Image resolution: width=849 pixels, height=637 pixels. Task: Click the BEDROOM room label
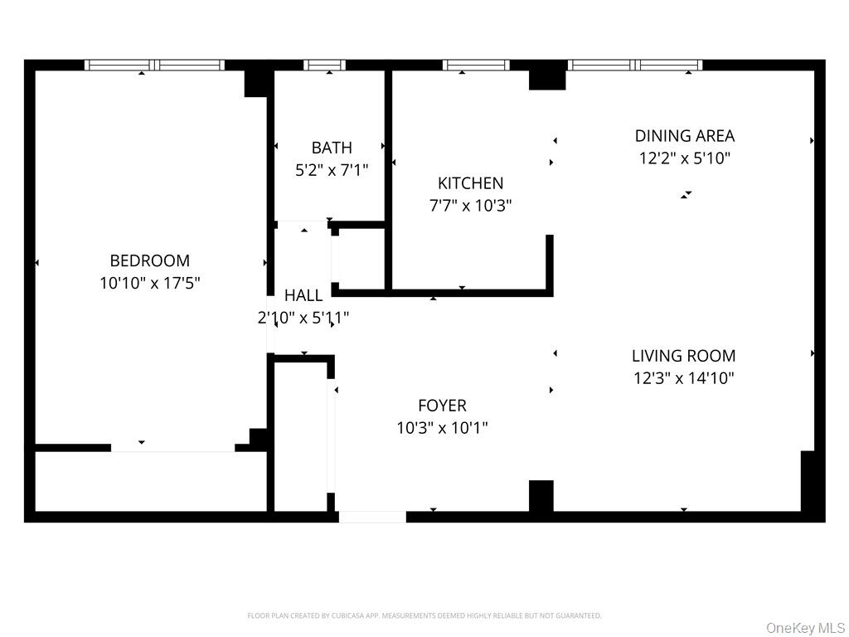tap(150, 260)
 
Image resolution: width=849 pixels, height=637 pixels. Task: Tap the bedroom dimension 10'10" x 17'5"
tap(150, 283)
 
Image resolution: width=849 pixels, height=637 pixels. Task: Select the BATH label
tap(332, 148)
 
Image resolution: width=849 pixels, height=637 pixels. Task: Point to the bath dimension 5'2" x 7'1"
tap(332, 170)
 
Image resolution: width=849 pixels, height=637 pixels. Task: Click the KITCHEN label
tap(470, 183)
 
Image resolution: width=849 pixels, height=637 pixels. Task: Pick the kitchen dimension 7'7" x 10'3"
tap(470, 206)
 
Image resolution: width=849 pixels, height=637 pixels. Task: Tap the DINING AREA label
tap(685, 136)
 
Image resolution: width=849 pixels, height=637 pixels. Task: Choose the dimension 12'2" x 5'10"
tap(685, 158)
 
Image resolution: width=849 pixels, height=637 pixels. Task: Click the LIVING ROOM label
tap(684, 356)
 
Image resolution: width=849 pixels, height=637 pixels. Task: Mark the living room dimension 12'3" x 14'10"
tap(684, 378)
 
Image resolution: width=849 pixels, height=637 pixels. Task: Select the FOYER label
tap(442, 406)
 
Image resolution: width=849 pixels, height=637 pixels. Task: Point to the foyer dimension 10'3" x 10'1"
tap(442, 428)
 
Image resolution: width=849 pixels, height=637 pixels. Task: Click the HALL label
tap(303, 295)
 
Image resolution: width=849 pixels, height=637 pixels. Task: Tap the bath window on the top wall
tap(325, 65)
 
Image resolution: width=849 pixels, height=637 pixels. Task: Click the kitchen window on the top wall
tap(476, 65)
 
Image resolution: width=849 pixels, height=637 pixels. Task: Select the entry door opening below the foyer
tap(372, 517)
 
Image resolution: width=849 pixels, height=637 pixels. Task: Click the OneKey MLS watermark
tap(805, 627)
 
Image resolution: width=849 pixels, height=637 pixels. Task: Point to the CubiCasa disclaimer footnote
tap(424, 615)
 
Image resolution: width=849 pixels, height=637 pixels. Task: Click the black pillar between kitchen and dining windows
tap(547, 75)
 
